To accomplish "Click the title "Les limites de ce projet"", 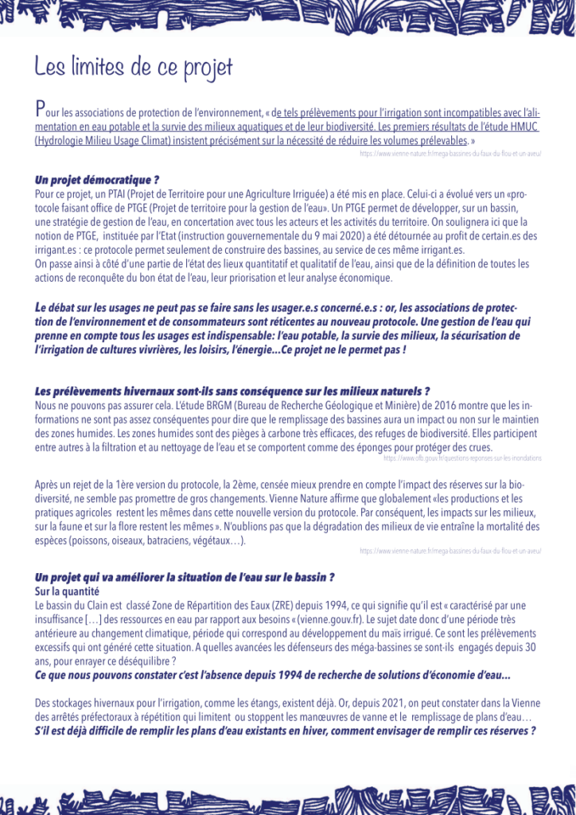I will click(134, 66).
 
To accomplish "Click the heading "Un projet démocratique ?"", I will click(97, 179).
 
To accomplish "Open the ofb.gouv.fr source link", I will click(462, 458).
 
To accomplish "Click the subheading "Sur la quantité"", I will click(68, 591).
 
